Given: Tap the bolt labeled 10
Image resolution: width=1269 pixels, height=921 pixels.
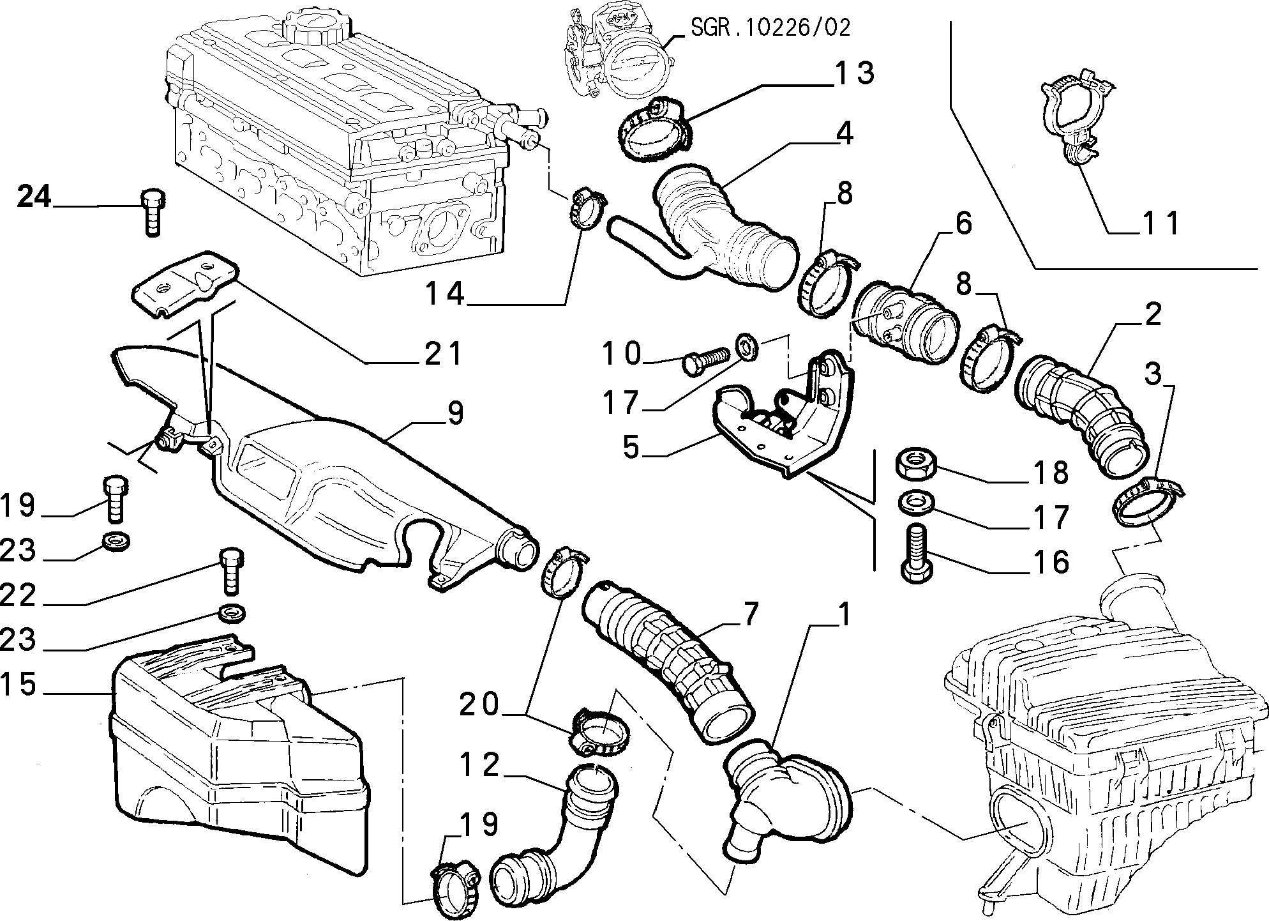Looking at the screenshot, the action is tap(706, 362).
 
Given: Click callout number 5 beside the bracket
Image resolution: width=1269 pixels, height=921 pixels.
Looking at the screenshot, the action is tap(631, 448).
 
